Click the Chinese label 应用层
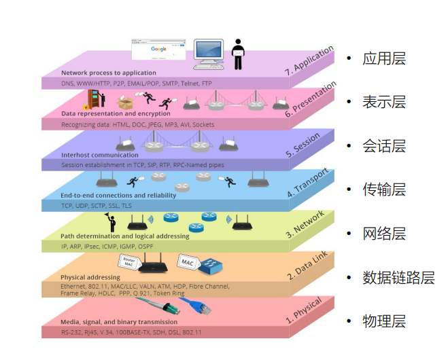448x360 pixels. (384, 58)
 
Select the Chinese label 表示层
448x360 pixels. (384, 103)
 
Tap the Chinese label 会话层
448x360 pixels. (384, 147)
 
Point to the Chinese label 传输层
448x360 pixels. (384, 190)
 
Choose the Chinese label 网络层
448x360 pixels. (384, 234)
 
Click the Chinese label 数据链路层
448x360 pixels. (398, 278)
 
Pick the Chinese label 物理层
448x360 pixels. (384, 321)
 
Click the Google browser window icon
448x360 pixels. (159, 51)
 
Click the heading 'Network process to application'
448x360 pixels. (109, 73)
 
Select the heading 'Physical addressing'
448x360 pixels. (90, 277)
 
